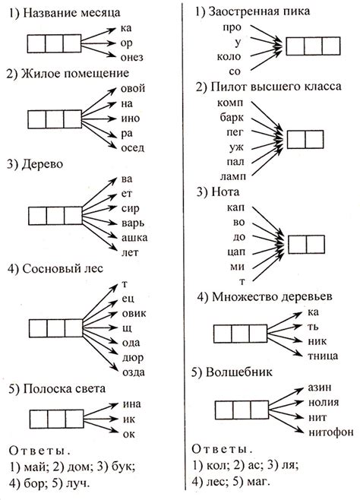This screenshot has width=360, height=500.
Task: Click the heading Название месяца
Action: coord(67,14)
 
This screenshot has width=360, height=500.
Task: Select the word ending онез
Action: coord(132,56)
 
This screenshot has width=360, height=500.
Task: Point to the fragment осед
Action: coord(133,147)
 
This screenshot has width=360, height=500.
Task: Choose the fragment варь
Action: coord(134,223)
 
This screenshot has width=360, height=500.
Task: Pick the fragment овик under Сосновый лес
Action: coord(134,313)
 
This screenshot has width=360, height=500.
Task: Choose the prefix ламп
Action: coord(228,174)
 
